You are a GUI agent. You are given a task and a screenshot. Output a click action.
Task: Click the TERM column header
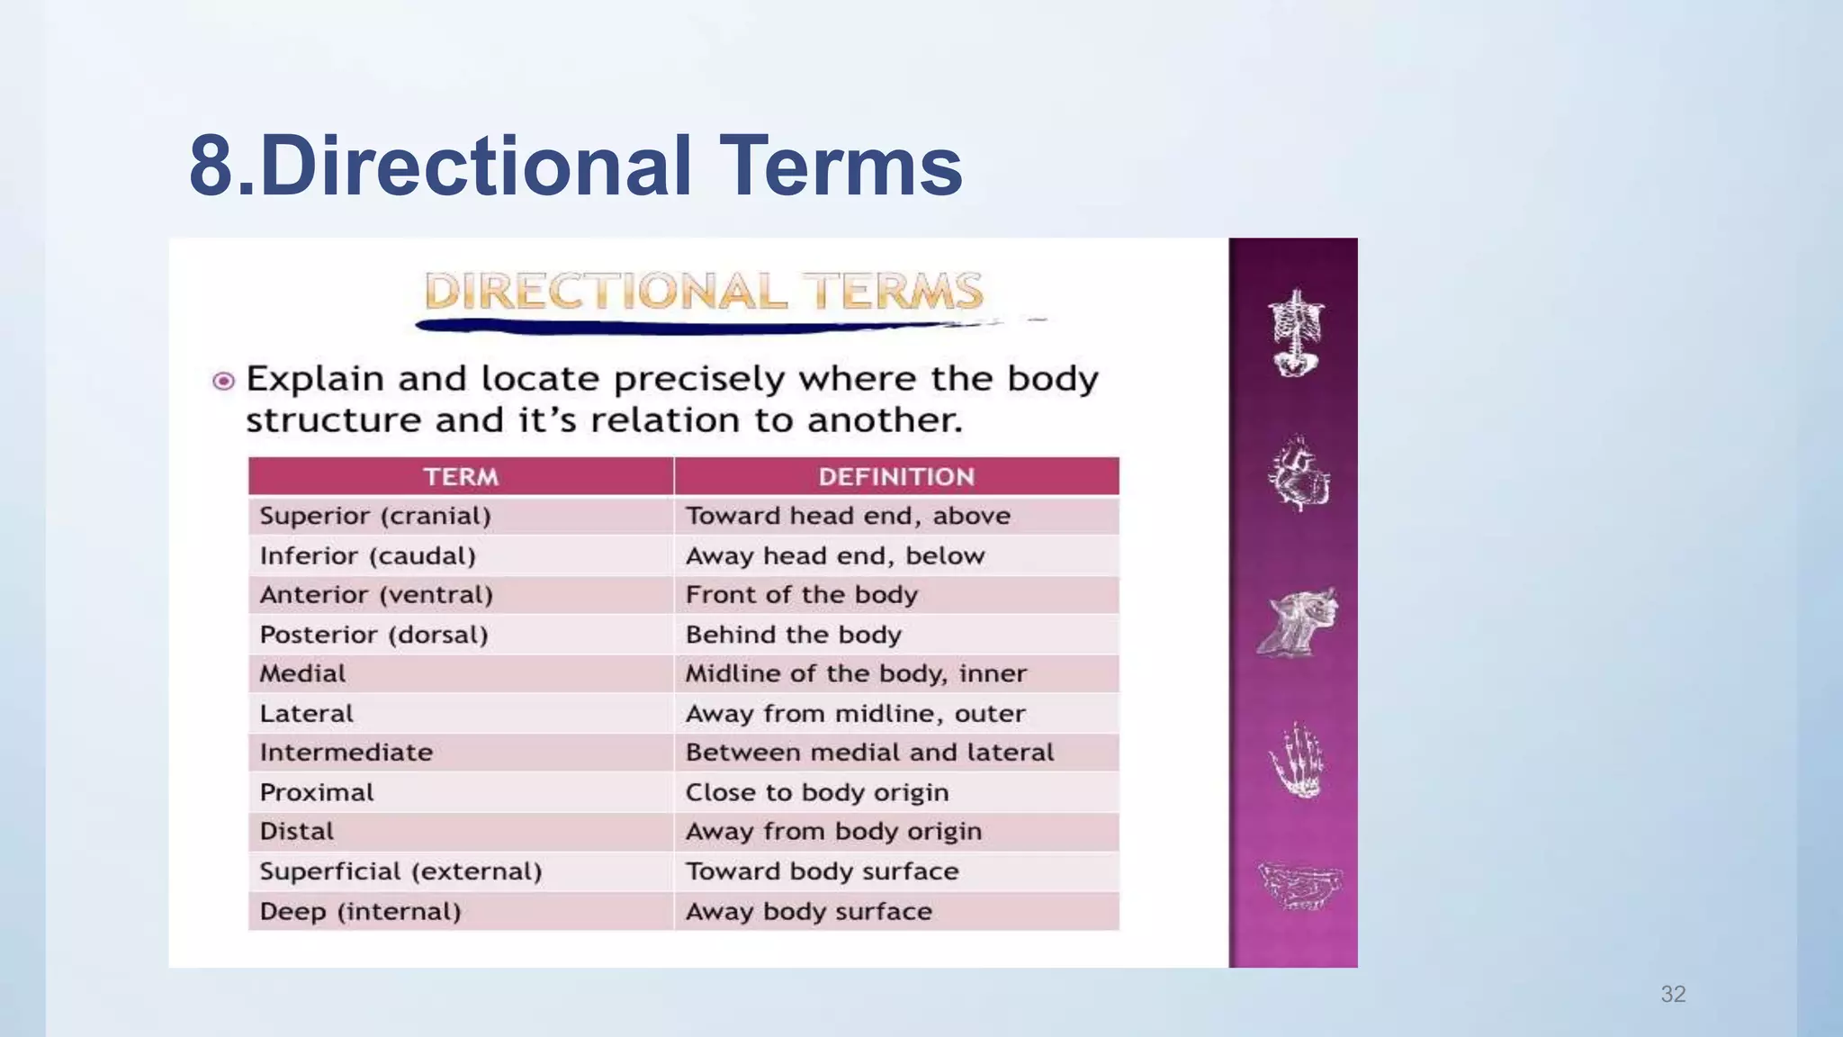[461, 476]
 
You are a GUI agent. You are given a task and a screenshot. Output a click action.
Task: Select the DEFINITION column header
[896, 476]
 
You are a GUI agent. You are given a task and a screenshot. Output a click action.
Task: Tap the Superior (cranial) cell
[375, 516]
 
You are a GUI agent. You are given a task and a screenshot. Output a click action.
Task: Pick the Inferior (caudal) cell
[367, 555]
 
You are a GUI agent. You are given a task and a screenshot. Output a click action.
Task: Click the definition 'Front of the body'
[801, 595]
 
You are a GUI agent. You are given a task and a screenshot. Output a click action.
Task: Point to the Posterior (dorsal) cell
[373, 635]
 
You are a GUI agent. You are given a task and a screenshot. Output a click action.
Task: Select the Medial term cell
[302, 673]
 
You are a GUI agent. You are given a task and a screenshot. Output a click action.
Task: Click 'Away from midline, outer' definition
[855, 714]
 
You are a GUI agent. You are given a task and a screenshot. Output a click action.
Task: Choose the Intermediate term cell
[346, 753]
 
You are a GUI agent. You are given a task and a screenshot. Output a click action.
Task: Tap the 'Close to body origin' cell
[816, 792]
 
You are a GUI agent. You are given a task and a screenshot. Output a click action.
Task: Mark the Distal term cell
[296, 831]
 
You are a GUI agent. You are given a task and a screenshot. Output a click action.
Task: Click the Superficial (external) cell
[400, 871]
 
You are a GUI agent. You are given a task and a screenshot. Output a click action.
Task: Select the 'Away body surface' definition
[808, 911]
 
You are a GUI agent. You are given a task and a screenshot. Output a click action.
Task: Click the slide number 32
[1673, 994]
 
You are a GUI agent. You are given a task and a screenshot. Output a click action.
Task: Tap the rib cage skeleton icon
[1296, 333]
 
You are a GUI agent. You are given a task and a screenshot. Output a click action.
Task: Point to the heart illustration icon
[1298, 474]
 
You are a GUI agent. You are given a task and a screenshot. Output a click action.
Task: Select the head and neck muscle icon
[1298, 622]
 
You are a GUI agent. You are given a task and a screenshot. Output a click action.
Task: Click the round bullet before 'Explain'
[223, 381]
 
